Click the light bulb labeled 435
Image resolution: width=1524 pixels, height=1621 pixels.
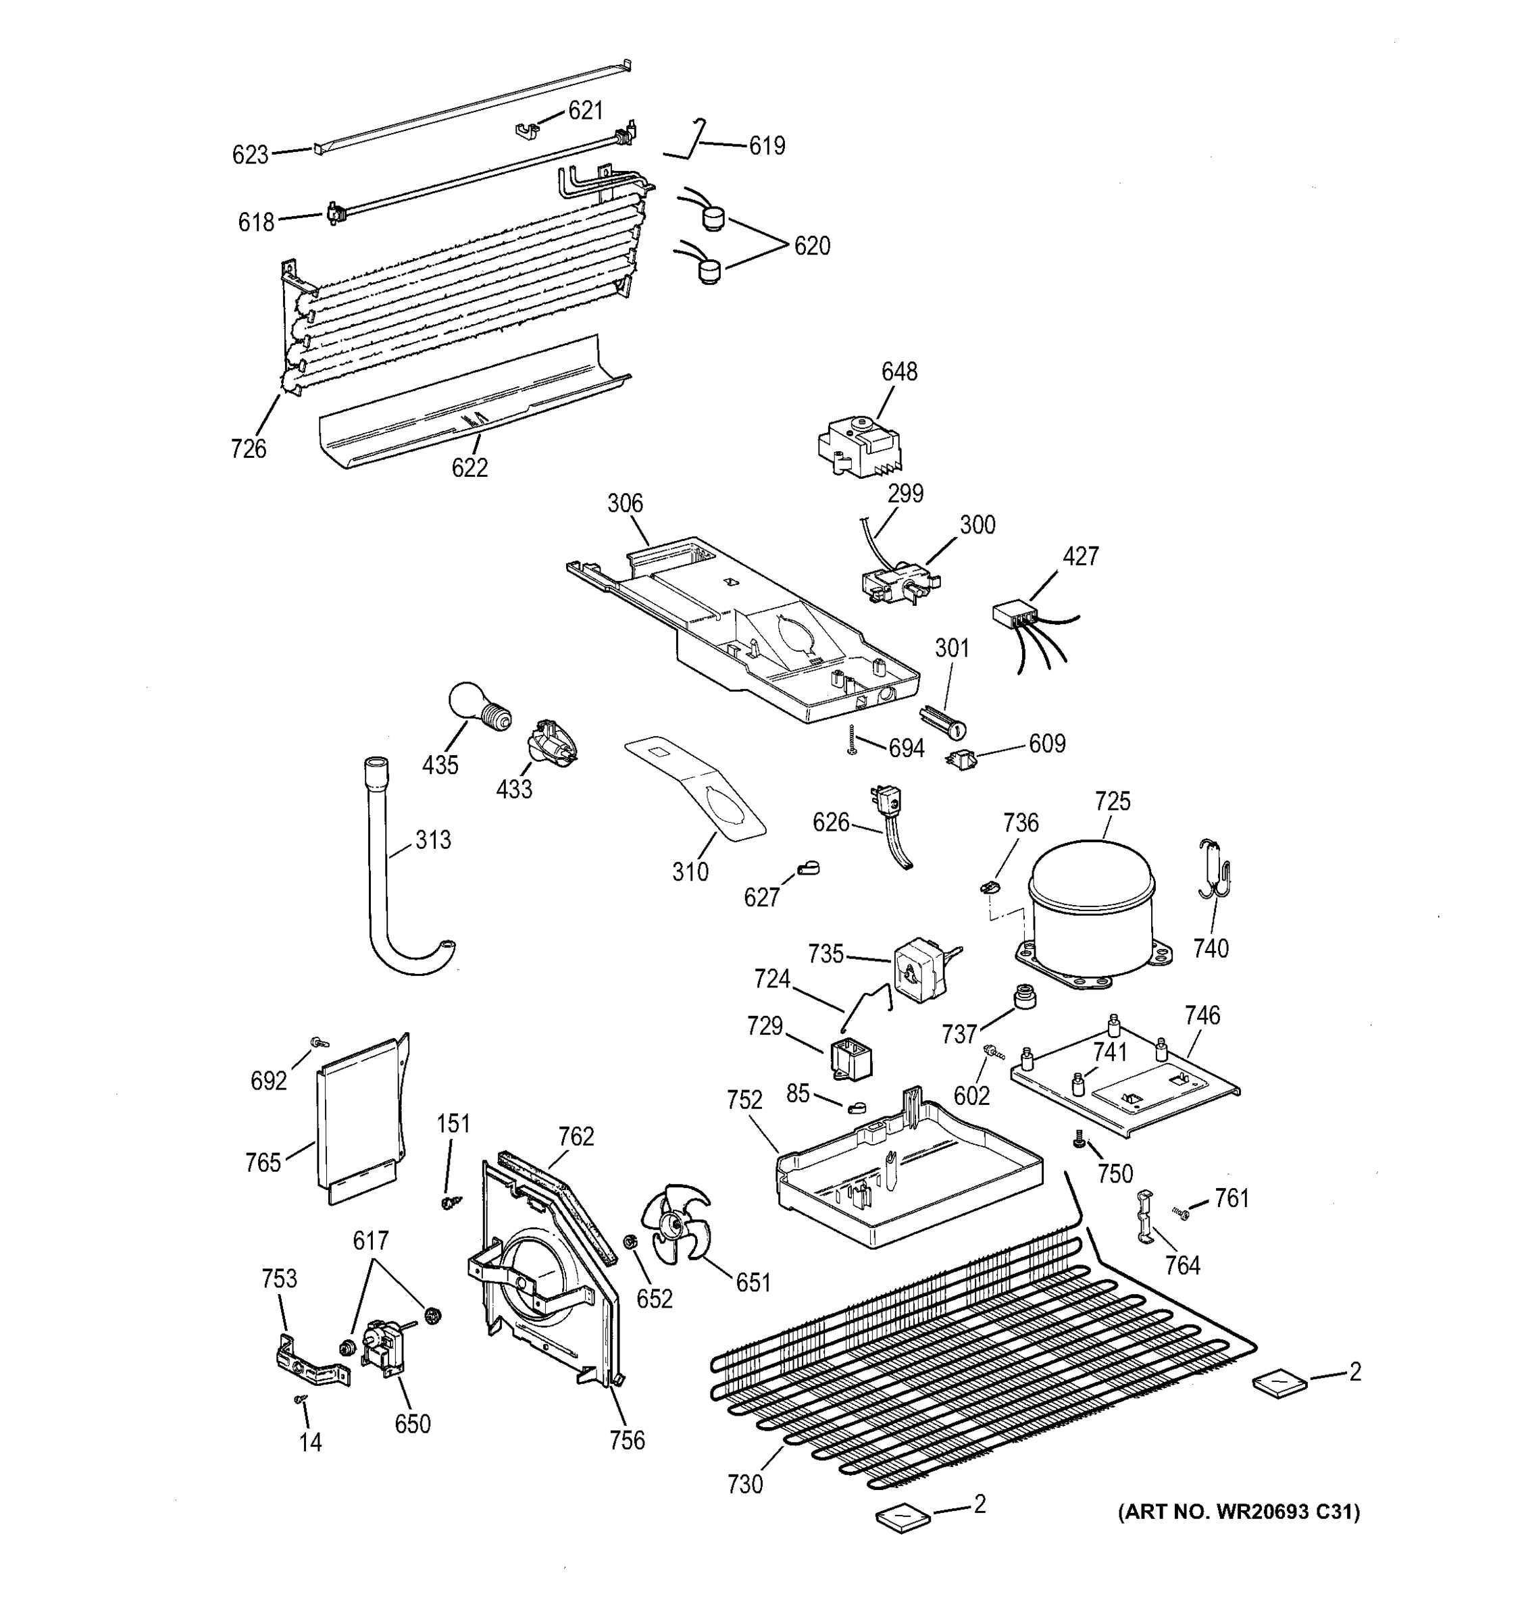coord(477,707)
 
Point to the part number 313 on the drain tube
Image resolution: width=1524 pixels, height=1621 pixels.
coord(432,840)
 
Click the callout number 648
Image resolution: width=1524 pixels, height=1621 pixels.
coord(898,372)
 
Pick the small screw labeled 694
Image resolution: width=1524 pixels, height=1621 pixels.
coord(851,739)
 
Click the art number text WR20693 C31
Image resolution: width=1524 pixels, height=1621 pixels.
coord(1239,1512)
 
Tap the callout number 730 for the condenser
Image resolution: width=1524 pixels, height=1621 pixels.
coord(744,1484)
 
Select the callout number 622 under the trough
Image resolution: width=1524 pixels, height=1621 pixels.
coord(469,467)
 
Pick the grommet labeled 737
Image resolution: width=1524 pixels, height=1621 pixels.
coord(1025,996)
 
